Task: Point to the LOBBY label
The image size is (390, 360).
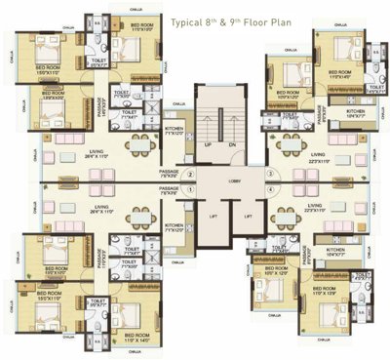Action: [222, 180]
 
